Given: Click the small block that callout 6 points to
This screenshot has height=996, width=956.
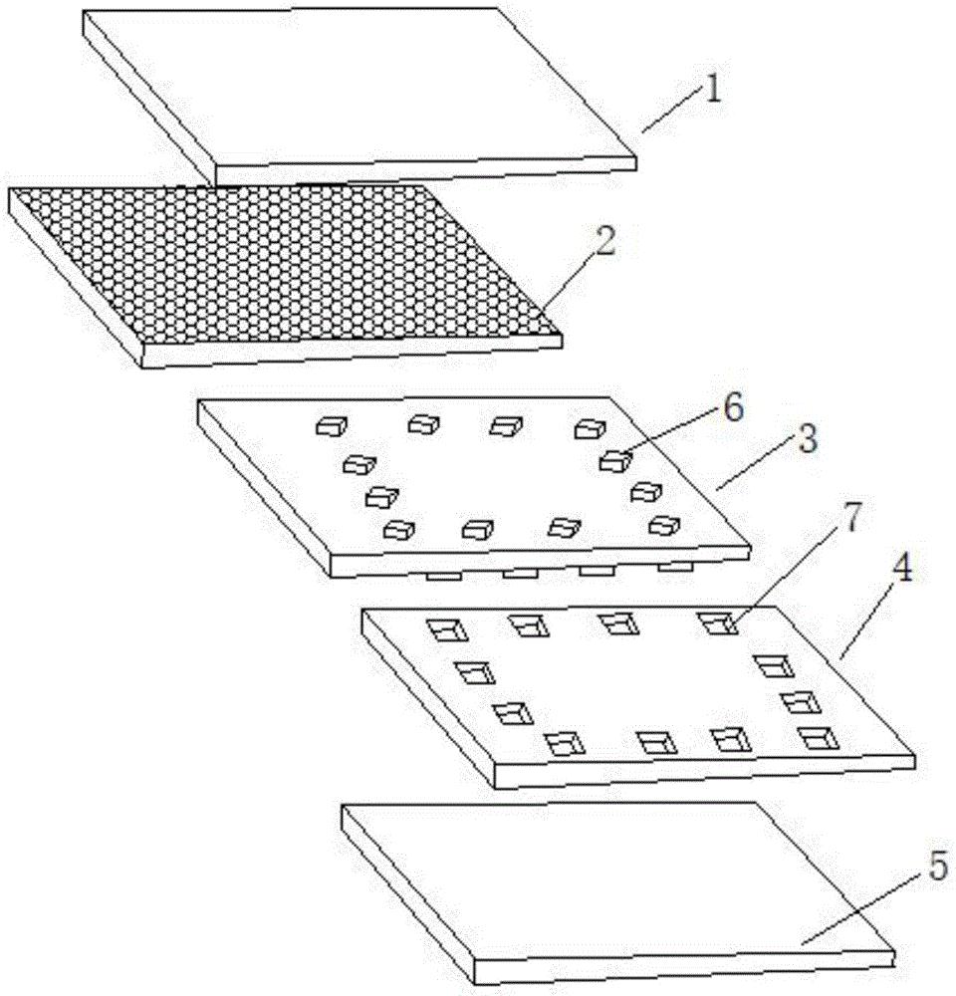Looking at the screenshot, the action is point(616,460).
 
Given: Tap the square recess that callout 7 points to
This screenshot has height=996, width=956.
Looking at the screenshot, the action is point(715,623).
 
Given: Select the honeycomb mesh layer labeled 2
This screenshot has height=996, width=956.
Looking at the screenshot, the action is point(279,269).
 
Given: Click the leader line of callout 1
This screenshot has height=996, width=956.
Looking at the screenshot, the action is point(673,113).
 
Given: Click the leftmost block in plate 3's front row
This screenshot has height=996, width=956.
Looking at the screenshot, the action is point(400,529).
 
